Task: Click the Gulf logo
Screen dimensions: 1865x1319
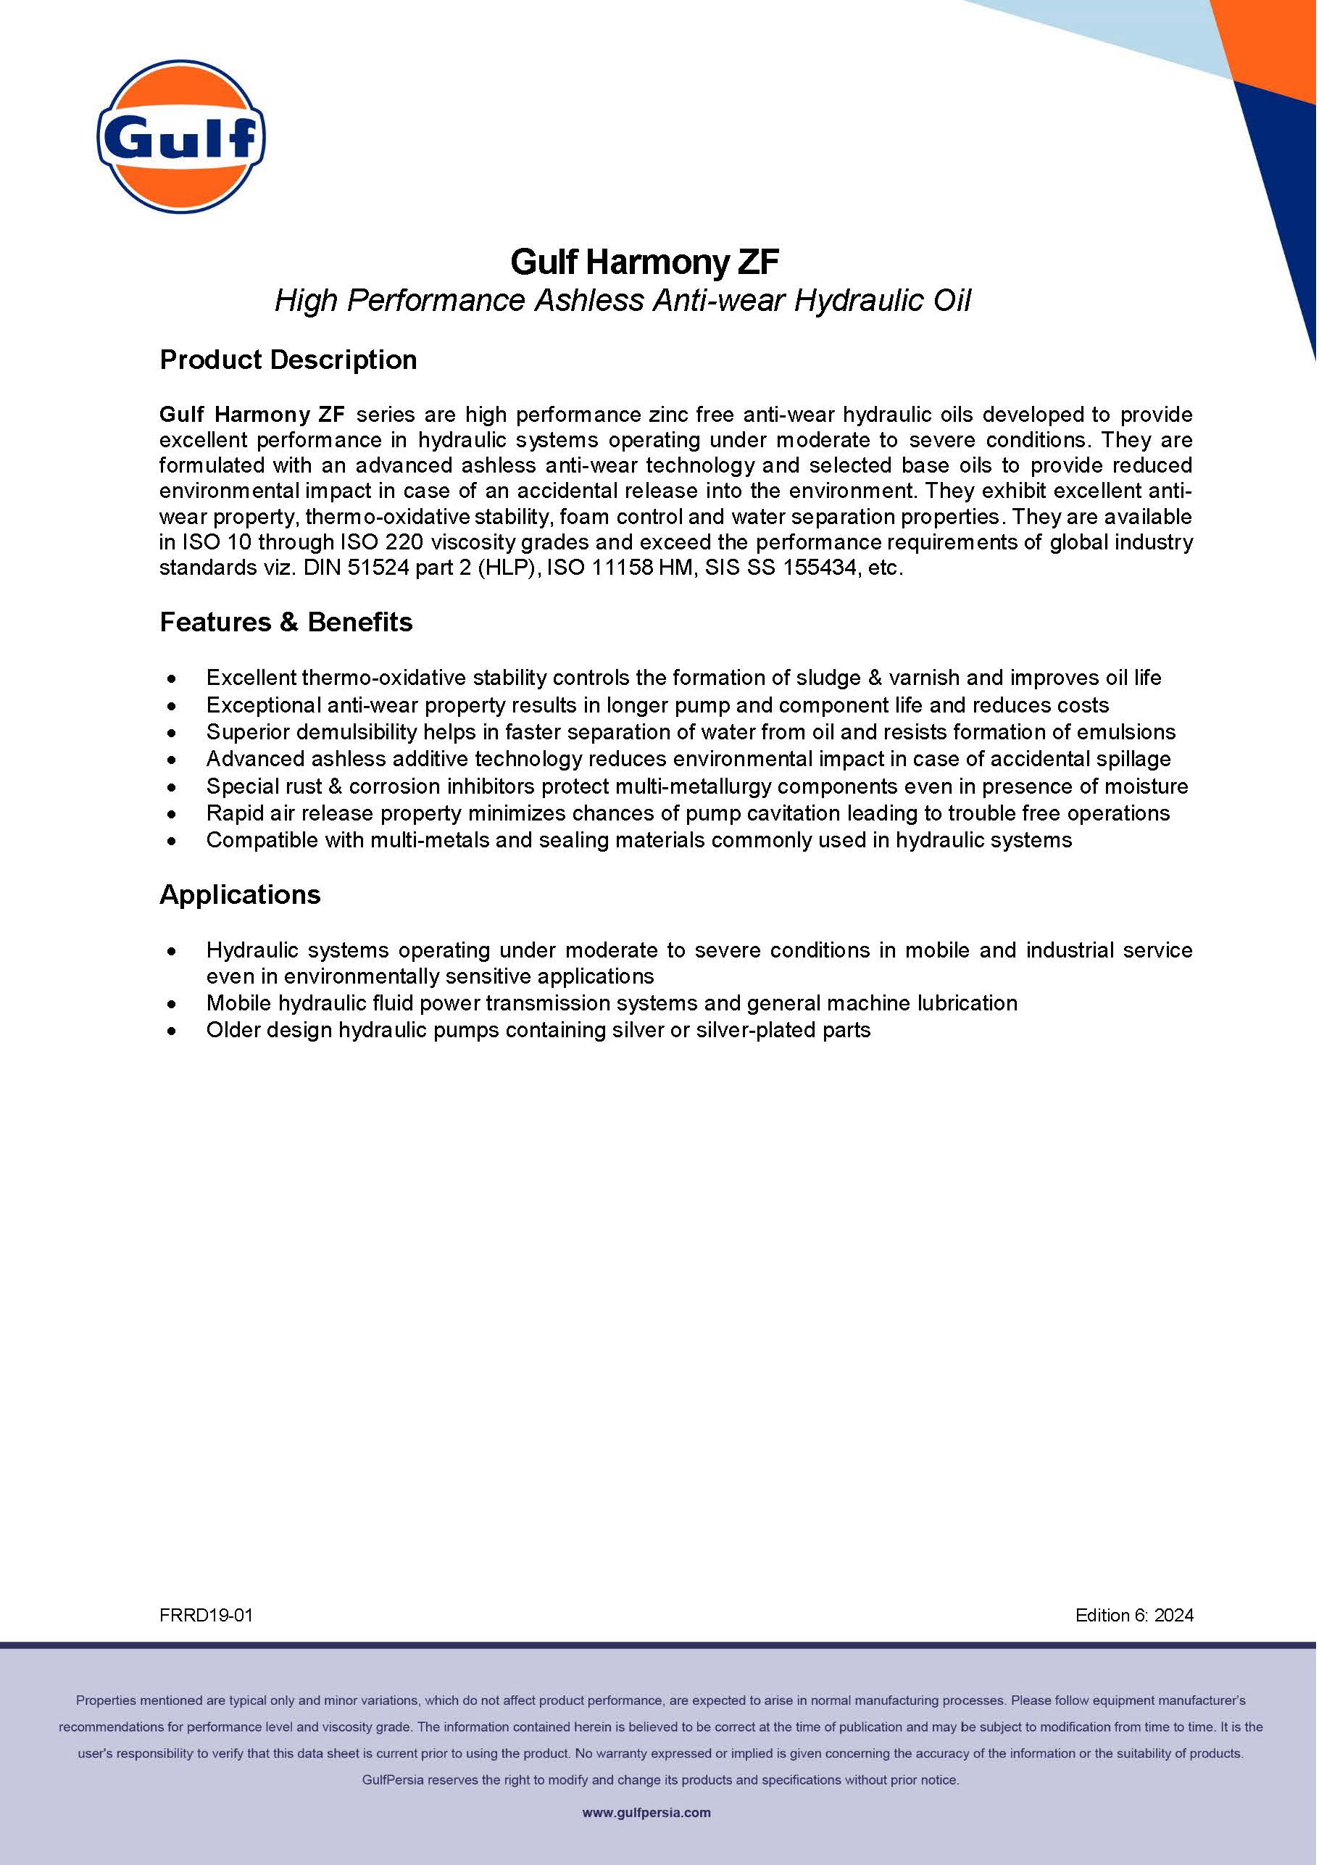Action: click(x=180, y=137)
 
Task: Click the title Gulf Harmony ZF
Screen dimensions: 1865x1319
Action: click(x=644, y=262)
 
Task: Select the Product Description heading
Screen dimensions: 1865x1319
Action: click(x=288, y=360)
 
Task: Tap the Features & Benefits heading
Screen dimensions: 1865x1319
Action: click(x=286, y=622)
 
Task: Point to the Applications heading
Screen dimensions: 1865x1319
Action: click(x=240, y=894)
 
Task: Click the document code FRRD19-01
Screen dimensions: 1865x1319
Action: click(x=207, y=1616)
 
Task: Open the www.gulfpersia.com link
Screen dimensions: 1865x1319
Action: click(x=646, y=1812)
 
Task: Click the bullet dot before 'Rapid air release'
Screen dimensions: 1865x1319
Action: click(x=171, y=814)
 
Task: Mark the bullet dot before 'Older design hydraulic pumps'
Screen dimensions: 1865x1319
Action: click(x=171, y=1031)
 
